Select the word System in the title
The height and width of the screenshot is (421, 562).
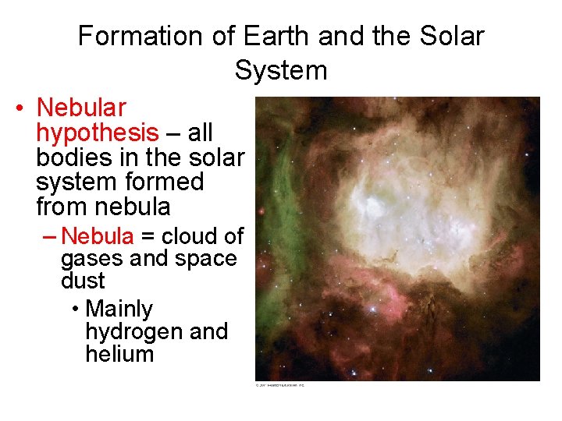click(280, 70)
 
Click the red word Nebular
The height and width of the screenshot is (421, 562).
click(81, 108)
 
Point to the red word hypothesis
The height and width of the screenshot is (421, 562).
click(97, 133)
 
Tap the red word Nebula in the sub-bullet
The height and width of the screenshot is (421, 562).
click(98, 235)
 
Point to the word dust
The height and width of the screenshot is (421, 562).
click(83, 280)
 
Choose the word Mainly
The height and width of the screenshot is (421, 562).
click(119, 309)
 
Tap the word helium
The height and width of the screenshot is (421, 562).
click(119, 354)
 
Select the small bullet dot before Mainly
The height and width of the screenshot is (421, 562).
click(74, 310)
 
